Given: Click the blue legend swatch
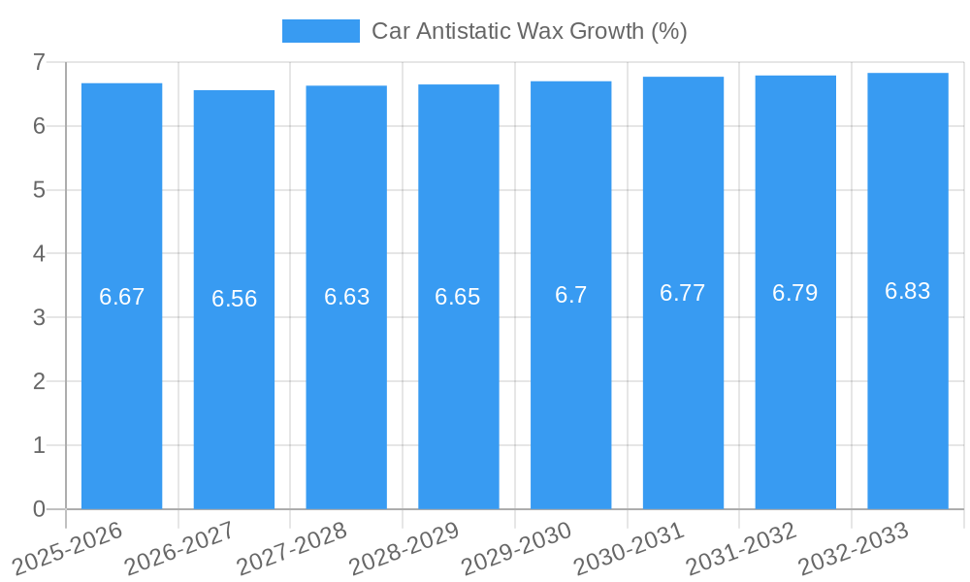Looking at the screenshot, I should point(320,31).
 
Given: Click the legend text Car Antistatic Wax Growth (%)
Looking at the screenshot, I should point(529,31).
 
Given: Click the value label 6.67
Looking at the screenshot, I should point(121,297).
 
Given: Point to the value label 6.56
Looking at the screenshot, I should point(234,299).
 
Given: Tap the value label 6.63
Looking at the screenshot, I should point(346,297).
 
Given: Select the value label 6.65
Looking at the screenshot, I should point(458,297).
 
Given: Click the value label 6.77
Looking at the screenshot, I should point(683,293).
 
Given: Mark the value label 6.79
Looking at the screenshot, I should point(795,293).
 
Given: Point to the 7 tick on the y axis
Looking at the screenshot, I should point(39,62).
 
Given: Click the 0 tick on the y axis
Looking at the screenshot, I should point(39,509).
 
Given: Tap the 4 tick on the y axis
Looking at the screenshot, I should point(39,254).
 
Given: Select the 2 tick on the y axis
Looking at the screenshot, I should point(39,381).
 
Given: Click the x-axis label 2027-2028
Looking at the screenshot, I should point(292,548).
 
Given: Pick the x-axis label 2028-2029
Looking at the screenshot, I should point(404,548).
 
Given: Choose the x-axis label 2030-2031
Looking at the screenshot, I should point(630,548).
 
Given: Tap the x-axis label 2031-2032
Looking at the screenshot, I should point(742,548).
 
